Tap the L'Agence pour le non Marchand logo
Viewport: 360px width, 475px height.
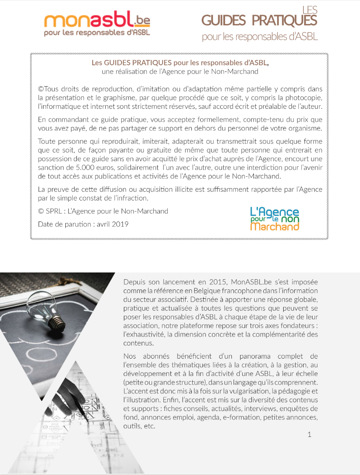click(x=274, y=219)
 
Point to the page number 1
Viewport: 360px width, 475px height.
click(x=309, y=435)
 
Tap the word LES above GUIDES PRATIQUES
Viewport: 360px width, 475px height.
click(x=310, y=9)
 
